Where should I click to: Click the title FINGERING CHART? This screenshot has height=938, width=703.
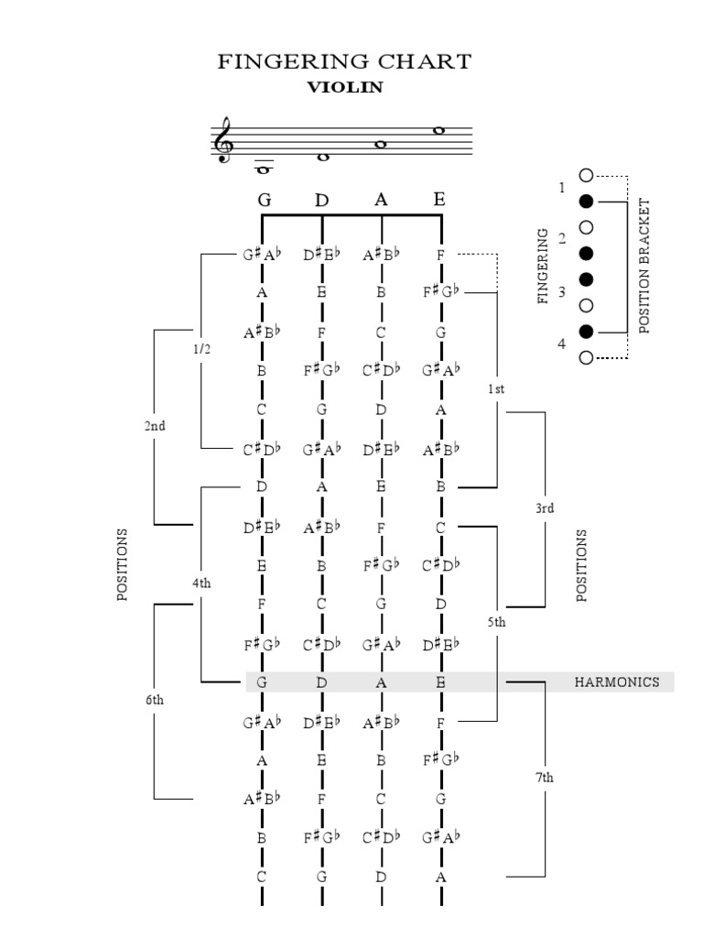tap(344, 61)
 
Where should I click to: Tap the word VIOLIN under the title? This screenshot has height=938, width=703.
tap(344, 88)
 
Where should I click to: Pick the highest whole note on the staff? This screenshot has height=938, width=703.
tap(439, 130)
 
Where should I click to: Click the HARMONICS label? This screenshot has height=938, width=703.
tap(616, 682)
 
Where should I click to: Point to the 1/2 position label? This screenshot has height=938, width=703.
tap(200, 350)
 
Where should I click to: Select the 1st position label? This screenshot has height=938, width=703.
tap(496, 388)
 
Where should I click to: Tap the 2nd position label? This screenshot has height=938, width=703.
tap(154, 426)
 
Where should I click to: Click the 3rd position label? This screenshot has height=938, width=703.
tap(545, 508)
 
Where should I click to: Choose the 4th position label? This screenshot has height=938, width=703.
tap(200, 583)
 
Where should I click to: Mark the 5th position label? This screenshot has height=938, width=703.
tap(496, 622)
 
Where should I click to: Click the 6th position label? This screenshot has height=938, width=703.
tap(154, 700)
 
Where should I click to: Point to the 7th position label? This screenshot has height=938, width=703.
tap(545, 778)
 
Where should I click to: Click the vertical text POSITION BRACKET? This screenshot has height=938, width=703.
tap(644, 266)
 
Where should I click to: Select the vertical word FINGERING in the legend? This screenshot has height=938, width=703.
tap(543, 266)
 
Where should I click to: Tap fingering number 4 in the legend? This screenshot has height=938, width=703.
tap(562, 344)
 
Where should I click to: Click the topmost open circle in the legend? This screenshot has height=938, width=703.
tap(586, 175)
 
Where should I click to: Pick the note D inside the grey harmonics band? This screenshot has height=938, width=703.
tap(321, 682)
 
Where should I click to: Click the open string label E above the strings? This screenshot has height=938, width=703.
tap(439, 199)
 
